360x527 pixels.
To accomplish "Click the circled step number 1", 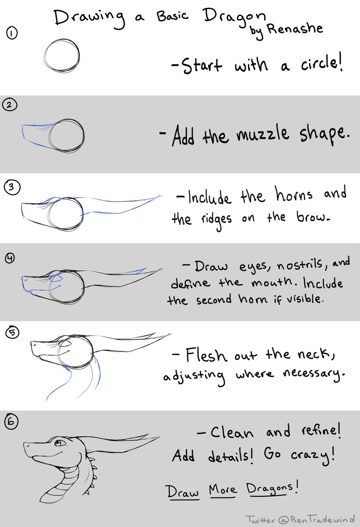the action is click(11, 34).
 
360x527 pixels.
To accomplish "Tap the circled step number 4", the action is click(10, 258).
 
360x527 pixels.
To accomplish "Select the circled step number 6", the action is click(11, 422).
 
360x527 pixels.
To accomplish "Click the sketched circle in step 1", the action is click(62, 56).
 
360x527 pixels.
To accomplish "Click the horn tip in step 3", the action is click(161, 196).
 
